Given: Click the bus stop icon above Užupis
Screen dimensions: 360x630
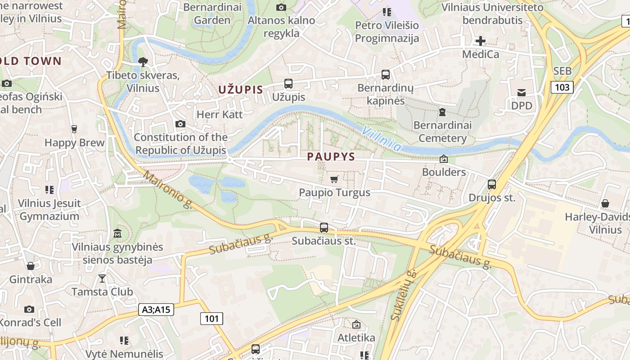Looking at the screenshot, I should coord(288,84).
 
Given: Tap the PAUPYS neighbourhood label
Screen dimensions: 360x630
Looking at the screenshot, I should coord(331,157).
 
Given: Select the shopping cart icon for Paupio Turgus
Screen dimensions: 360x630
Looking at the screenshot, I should coord(334,180).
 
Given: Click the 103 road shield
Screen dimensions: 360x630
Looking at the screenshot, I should coord(562,87).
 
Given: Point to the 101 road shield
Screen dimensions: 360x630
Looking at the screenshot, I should coord(211,319).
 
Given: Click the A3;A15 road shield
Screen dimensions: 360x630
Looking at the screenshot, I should coord(156,310).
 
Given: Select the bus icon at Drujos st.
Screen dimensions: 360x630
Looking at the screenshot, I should coord(491,184).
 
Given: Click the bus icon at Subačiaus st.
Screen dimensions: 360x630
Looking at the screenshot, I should coord(324,228).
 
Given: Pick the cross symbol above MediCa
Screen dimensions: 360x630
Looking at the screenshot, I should coord(481,41).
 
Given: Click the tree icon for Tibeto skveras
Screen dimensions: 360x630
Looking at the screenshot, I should coord(143,62).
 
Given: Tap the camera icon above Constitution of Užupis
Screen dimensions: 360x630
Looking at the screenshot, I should coord(180,124).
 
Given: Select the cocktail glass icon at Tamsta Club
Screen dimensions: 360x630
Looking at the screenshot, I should coord(102,279).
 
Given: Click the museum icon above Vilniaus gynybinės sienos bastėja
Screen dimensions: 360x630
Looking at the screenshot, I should coord(117,234).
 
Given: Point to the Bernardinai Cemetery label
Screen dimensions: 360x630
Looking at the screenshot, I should coord(442,131).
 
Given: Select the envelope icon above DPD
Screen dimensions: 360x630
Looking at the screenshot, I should coord(522,93).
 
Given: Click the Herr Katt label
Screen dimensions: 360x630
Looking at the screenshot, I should coord(220,114).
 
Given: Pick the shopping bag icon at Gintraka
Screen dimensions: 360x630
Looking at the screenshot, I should coord(31,266).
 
